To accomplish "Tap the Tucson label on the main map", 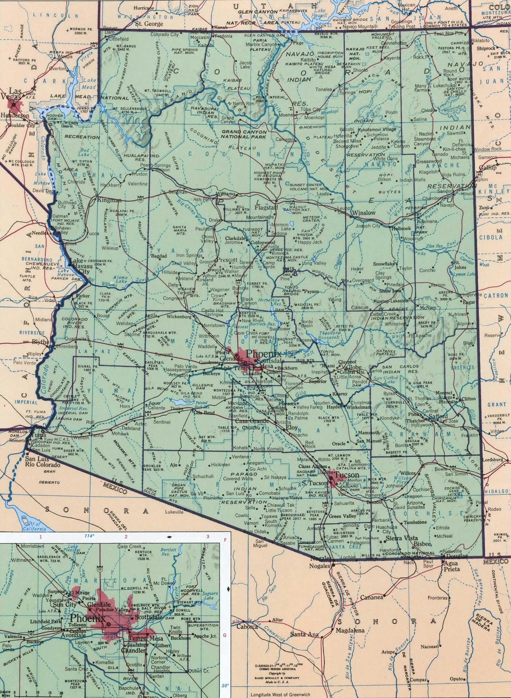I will [x=347, y=475].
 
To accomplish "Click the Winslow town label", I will [x=364, y=213].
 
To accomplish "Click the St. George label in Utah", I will [x=149, y=24].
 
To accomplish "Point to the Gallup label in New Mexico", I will [x=488, y=168].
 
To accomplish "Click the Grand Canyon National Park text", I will [x=244, y=134].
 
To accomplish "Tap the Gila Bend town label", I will [x=204, y=413].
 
